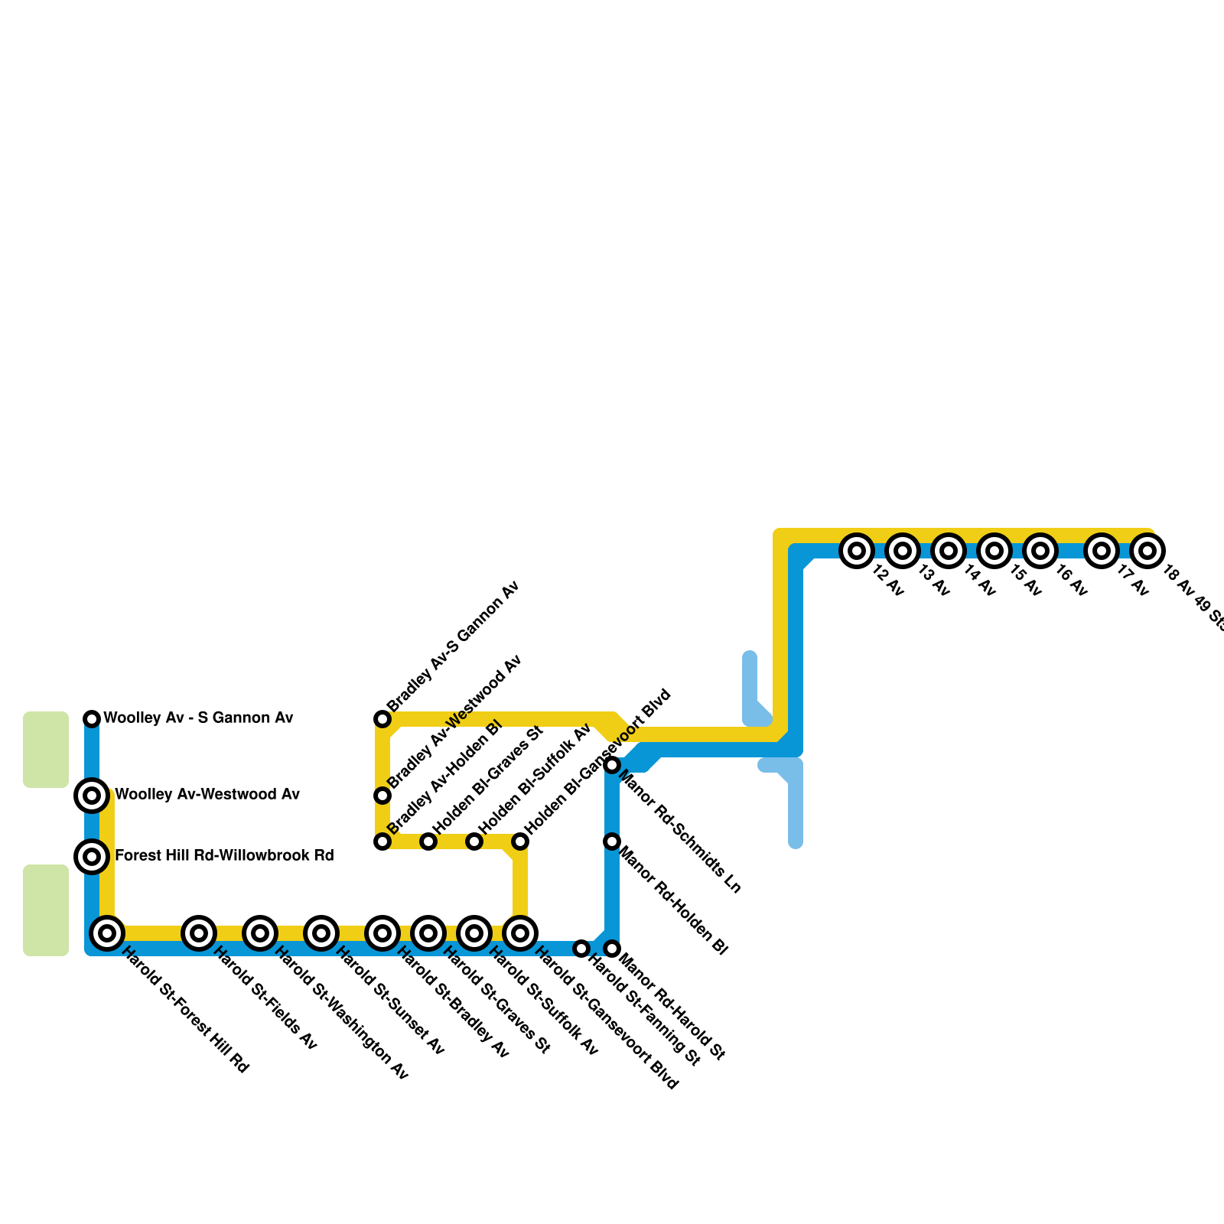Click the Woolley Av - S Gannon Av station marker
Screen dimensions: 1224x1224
(92, 718)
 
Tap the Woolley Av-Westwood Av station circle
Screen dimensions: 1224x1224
(92, 796)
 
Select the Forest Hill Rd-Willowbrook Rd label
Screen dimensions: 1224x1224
(224, 855)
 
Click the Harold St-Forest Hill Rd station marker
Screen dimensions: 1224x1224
(107, 933)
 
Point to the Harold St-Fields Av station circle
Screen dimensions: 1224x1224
(199, 933)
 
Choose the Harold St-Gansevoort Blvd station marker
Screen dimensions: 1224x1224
(520, 933)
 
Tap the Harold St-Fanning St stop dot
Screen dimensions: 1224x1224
(581, 949)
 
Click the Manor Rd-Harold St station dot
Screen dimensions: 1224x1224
(612, 949)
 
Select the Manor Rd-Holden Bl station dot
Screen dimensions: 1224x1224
(612, 841)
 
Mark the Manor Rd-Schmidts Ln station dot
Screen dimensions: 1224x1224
(612, 765)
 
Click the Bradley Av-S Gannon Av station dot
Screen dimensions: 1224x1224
(382, 718)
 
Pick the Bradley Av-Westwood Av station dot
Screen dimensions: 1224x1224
(382, 796)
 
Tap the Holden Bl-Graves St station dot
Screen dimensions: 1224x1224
(428, 841)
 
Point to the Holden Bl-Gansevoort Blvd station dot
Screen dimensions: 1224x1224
(520, 841)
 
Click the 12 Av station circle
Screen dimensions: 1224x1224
(857, 550)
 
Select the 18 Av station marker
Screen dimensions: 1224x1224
(1147, 550)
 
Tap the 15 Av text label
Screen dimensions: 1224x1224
(1025, 581)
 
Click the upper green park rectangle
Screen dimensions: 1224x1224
(46, 749)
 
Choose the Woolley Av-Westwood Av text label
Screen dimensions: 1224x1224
(207, 794)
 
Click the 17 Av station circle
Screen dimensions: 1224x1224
(1102, 550)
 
